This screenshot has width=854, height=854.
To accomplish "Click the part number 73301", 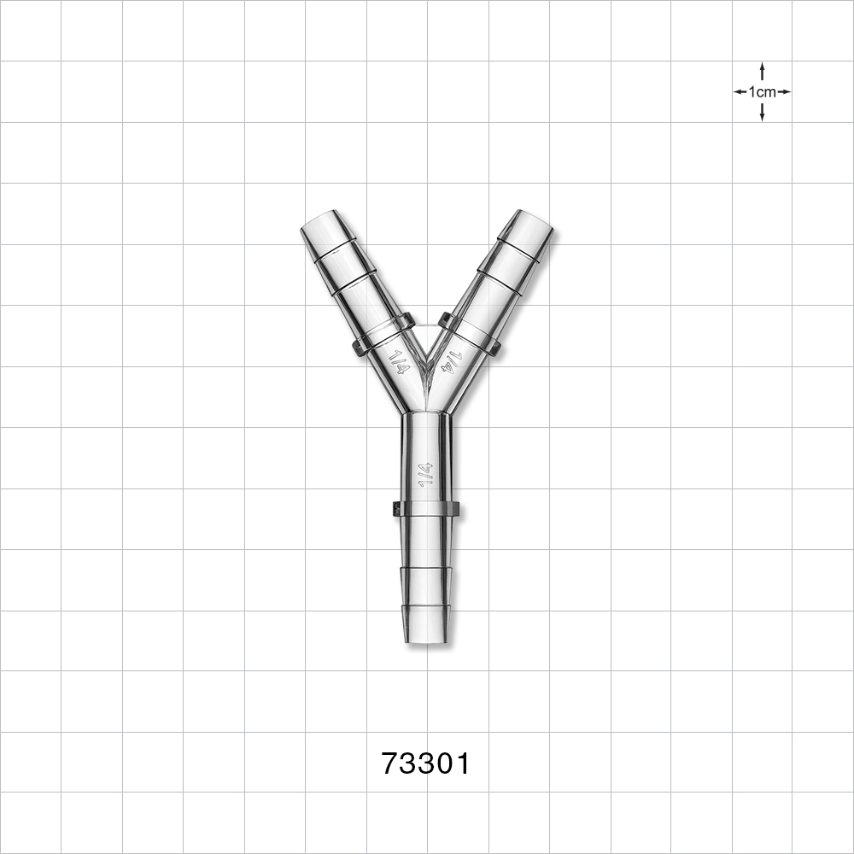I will point(425,763).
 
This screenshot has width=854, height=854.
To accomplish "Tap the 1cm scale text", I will point(762,92).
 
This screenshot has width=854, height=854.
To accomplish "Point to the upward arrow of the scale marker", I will point(762,69).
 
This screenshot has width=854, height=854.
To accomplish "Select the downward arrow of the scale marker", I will point(762,114).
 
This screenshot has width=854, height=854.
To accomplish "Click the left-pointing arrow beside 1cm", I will point(739,92).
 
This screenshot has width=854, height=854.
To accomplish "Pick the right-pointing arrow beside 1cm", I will point(785,92).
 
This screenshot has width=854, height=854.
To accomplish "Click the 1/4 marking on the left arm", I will point(400,361).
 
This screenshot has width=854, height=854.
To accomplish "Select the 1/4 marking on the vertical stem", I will point(424,475).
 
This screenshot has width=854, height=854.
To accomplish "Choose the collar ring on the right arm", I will point(470,335).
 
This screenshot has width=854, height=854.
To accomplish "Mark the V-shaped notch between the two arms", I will point(426,354).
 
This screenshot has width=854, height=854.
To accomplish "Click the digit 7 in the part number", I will point(389,763).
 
